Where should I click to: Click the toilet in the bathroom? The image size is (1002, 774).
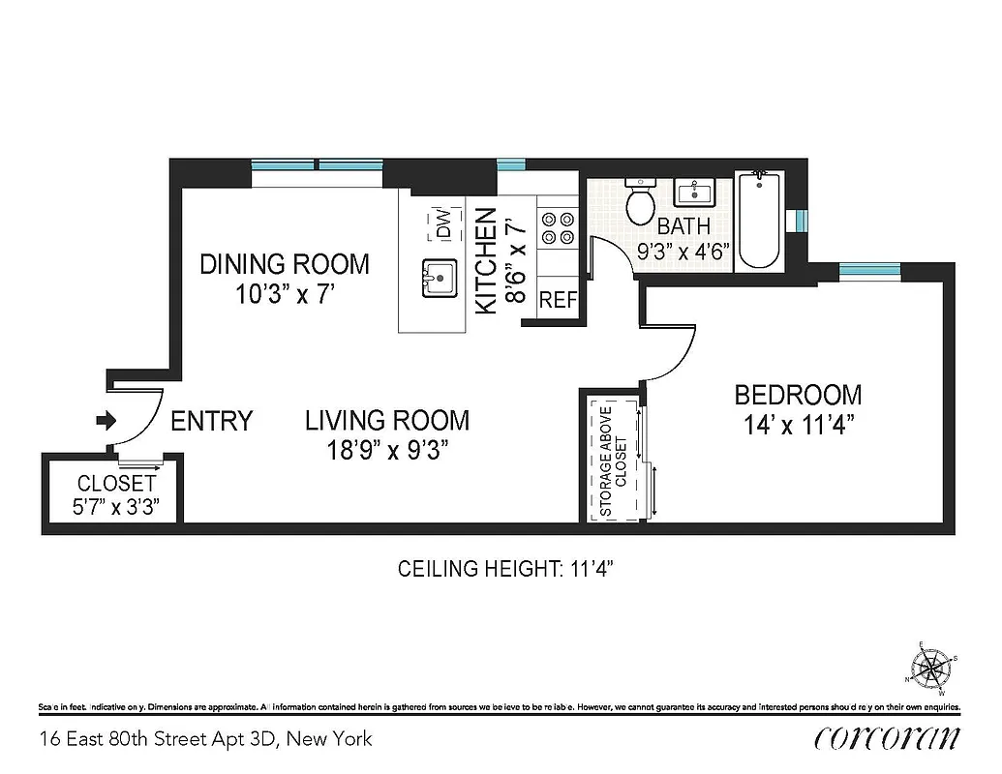click(640, 201)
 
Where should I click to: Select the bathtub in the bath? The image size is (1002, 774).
click(759, 221)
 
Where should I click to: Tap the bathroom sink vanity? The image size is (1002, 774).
click(696, 193)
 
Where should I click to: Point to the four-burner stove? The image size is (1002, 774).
click(557, 228)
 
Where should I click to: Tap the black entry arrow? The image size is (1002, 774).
click(106, 421)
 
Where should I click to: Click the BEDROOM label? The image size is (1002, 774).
click(798, 395)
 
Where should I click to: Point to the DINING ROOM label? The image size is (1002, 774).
click(285, 264)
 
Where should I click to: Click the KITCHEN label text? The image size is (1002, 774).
click(486, 261)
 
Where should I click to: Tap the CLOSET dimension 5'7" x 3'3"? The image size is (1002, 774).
click(117, 505)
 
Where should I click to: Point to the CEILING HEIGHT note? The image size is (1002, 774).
click(506, 569)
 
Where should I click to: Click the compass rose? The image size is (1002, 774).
click(933, 667)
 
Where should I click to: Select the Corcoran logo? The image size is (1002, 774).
click(888, 738)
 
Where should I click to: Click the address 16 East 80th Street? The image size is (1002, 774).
click(205, 740)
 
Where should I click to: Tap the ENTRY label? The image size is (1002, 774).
click(211, 421)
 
